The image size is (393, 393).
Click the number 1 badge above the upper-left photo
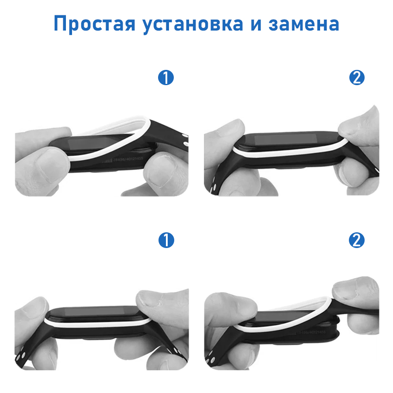coord(166,78)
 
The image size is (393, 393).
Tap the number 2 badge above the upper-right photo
coord(357,78)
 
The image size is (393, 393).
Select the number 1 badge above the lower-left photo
coord(166,240)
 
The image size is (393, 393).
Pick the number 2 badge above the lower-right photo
coord(357,240)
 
